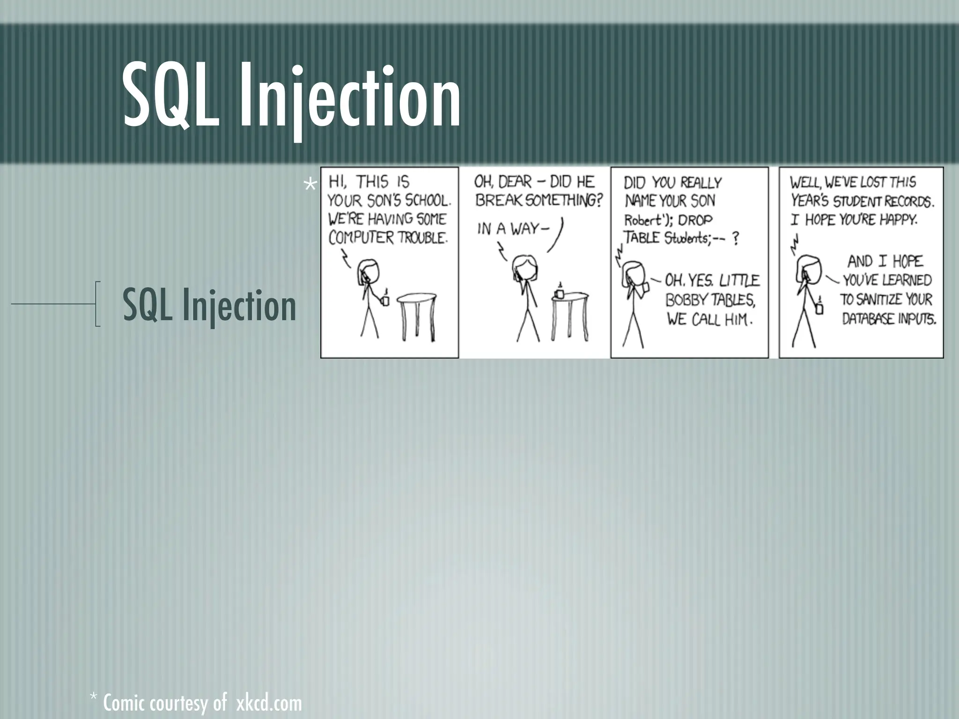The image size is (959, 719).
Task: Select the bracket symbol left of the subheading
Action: [x=97, y=303]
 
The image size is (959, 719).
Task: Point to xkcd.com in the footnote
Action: [x=269, y=703]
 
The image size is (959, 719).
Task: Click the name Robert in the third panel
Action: [x=641, y=220]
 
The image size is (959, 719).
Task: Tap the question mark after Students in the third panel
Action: [x=736, y=239]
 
